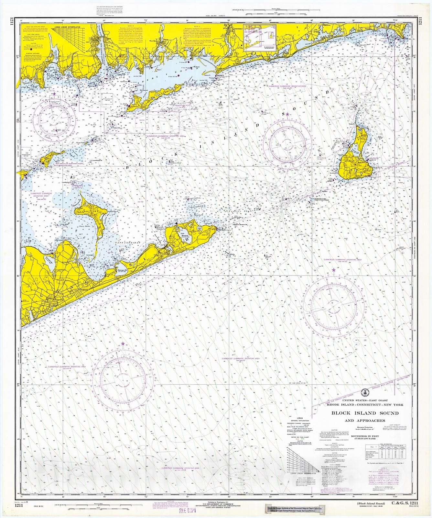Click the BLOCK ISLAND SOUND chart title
364,413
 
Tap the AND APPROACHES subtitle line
364,421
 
